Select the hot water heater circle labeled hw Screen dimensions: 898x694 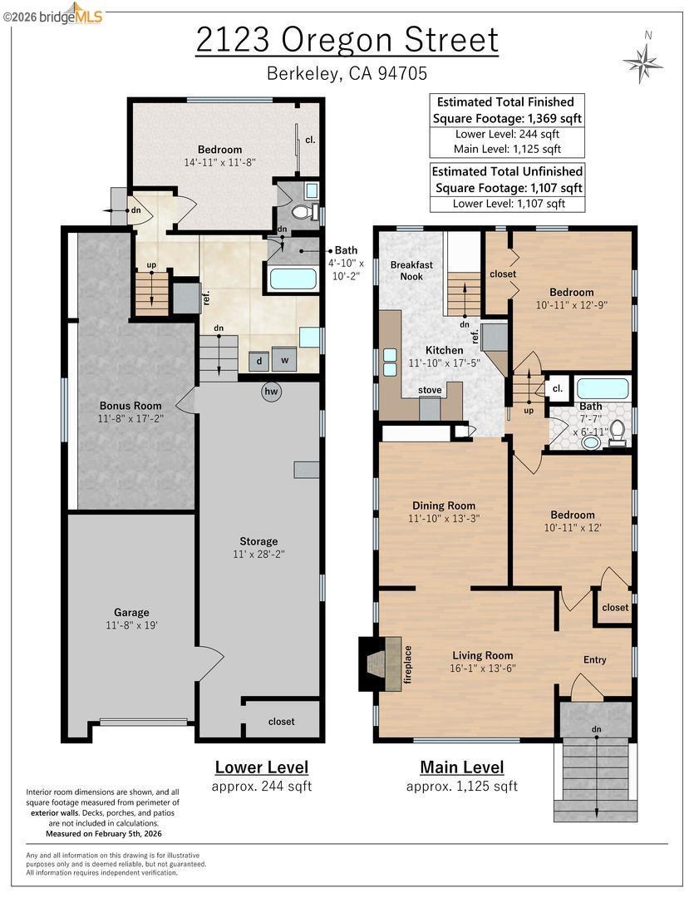click(x=271, y=392)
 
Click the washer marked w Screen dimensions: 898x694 click(x=284, y=360)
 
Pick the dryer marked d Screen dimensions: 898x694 click(x=259, y=361)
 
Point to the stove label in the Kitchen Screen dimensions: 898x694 click(x=430, y=389)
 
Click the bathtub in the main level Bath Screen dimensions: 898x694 click(x=603, y=388)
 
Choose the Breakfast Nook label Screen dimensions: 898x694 click(x=412, y=270)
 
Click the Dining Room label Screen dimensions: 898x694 click(x=444, y=505)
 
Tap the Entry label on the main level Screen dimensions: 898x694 click(x=594, y=659)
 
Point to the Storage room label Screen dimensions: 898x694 click(x=258, y=540)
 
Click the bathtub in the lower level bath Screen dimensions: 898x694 click(x=293, y=278)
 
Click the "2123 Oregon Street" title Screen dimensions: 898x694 click(x=347, y=40)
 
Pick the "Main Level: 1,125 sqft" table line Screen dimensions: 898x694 click(x=506, y=149)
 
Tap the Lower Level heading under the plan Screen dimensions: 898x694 click(x=261, y=767)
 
